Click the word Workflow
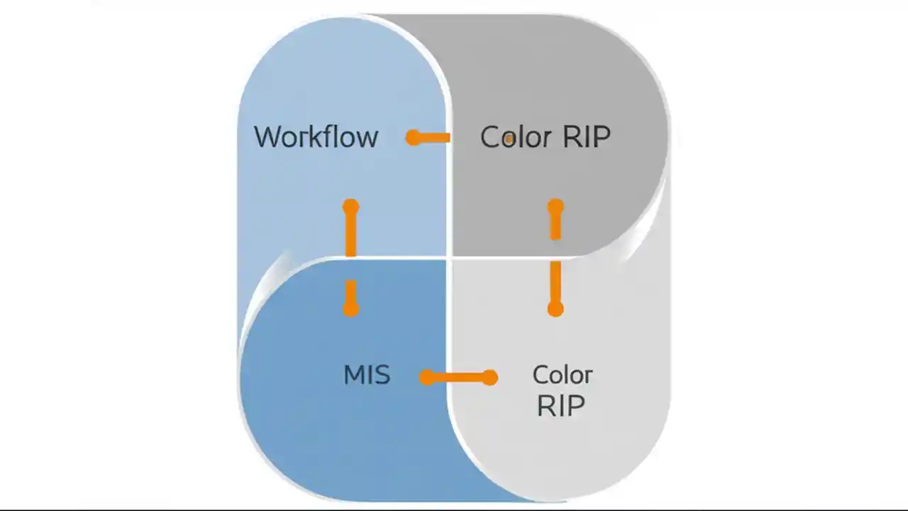point(316,137)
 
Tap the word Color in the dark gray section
point(511,137)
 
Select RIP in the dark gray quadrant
point(586,137)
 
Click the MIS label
point(367,375)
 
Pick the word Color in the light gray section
point(562,375)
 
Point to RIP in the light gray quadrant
point(560,405)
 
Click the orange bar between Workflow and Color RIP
point(433,138)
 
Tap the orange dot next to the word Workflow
point(413,138)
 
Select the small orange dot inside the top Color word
point(509,140)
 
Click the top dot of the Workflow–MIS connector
point(350,207)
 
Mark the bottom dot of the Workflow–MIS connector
point(350,309)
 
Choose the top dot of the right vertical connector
point(555,207)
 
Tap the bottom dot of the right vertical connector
point(555,309)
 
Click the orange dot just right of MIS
point(426,378)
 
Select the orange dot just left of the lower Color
point(489,378)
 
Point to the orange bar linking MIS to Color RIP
point(458,378)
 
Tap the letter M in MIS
point(353,375)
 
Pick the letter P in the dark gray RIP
point(601,137)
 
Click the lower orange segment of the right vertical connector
point(555,284)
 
